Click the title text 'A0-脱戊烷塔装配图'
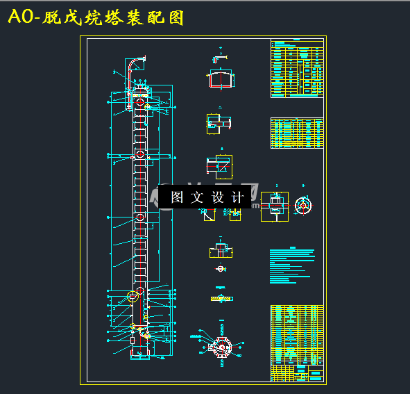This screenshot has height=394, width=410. tap(96, 18)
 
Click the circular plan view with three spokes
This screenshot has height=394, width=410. tap(303, 204)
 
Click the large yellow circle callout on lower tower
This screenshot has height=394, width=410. tap(133, 297)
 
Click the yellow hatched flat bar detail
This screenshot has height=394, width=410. tap(221, 298)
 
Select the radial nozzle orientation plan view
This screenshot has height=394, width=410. tap(221, 346)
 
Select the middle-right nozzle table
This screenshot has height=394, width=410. tap(297, 133)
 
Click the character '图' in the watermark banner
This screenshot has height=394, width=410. tap(177, 197)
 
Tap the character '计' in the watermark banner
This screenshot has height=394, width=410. tap(238, 197)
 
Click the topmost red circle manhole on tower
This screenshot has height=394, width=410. tap(140, 103)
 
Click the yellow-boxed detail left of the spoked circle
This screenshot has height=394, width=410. tap(274, 206)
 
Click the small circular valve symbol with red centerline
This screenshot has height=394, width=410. tap(221, 269)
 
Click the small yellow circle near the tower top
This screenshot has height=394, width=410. tap(148, 106)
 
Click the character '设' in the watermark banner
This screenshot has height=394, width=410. tap(218, 197)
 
